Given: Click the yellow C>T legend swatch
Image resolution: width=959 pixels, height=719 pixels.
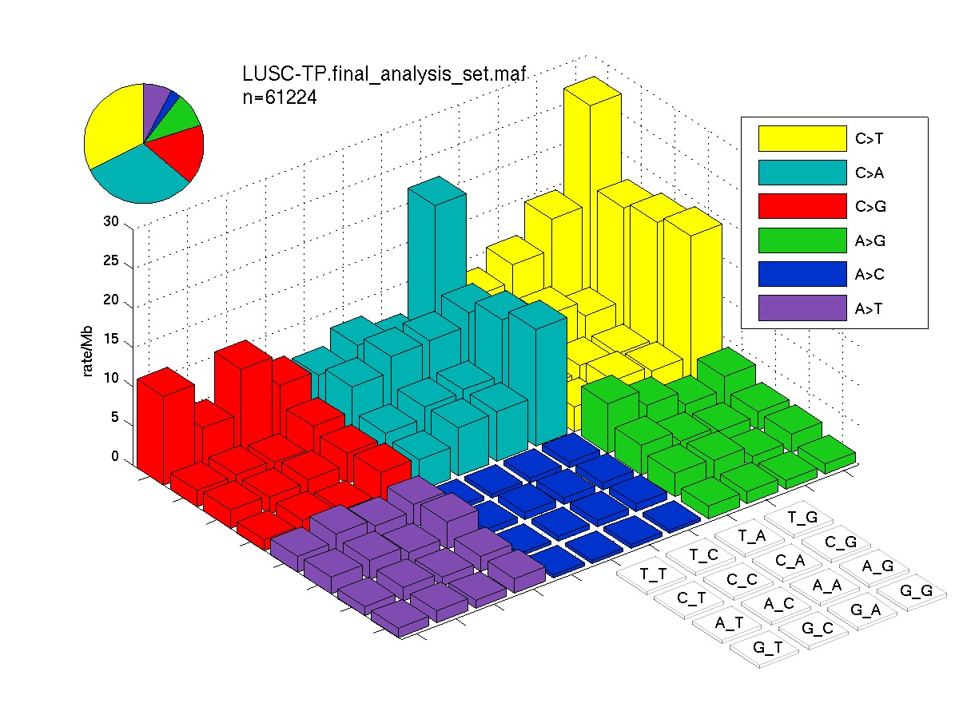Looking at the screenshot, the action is click(802, 138).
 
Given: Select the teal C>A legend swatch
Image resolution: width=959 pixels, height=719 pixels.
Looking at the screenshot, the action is click(802, 173).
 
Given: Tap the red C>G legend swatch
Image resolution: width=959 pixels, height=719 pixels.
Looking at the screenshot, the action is click(802, 206).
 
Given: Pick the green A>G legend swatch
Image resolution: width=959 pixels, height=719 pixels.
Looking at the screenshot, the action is click(802, 240).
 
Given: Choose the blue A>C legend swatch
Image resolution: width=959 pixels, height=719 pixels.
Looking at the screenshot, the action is click(802, 274).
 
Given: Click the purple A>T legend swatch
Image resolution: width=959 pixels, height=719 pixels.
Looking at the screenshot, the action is click(802, 308).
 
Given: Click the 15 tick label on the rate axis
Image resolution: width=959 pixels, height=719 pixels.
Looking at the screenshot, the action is click(111, 339).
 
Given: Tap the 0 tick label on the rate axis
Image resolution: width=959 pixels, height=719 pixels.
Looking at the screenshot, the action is click(115, 455).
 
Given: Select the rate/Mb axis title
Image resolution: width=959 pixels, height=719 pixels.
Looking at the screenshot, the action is click(87, 351).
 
